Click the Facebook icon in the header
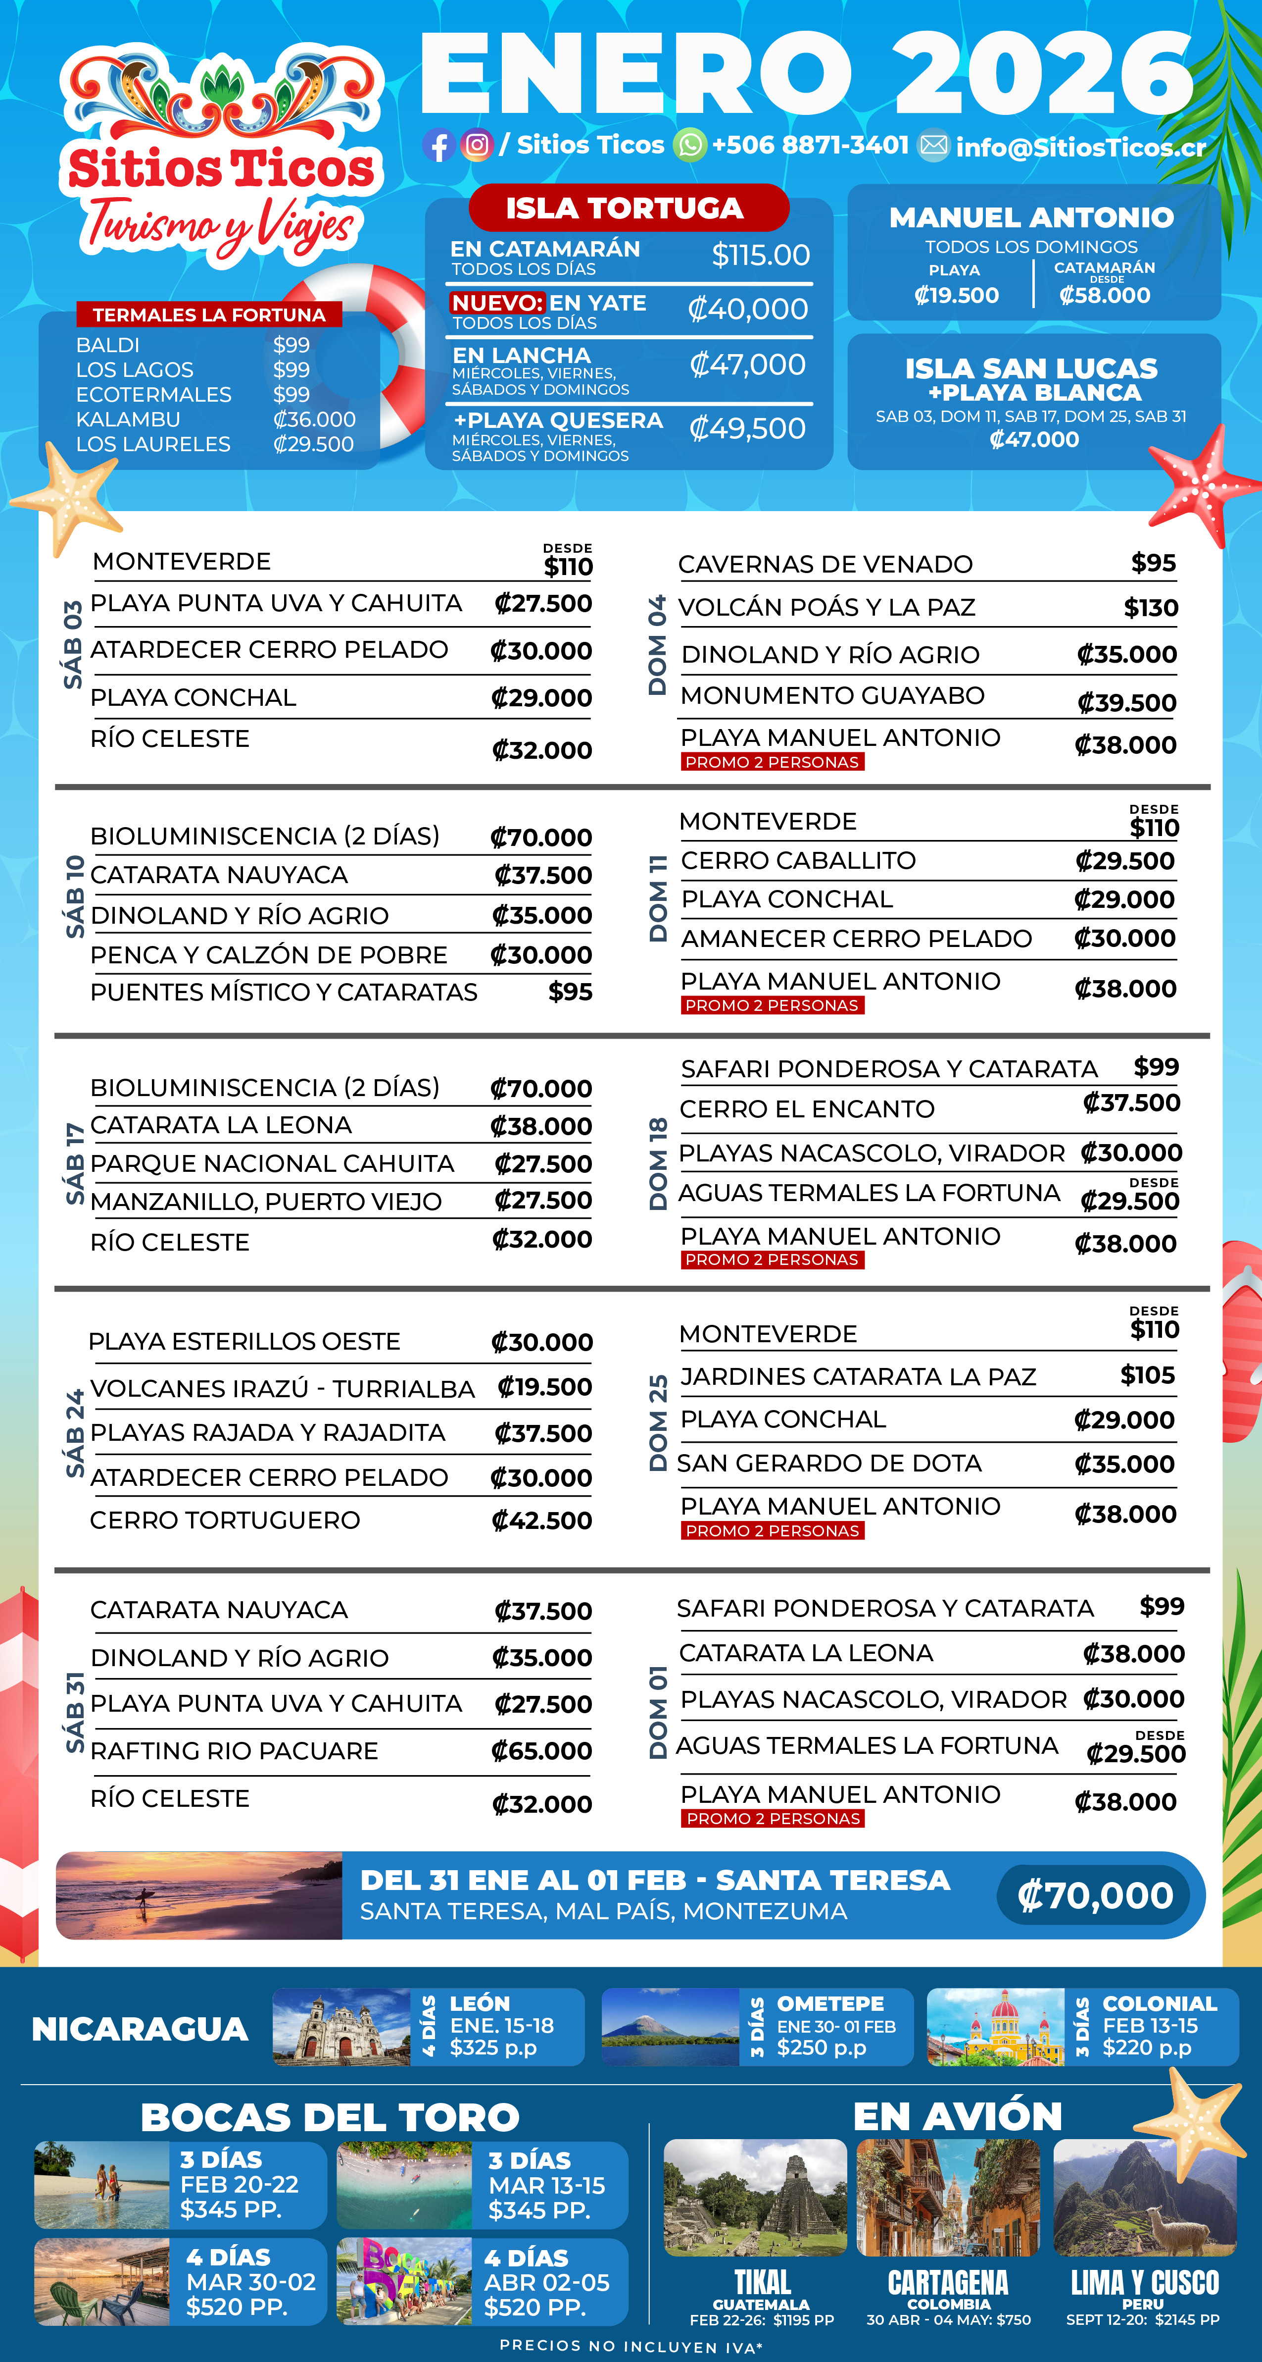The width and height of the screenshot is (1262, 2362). (438, 146)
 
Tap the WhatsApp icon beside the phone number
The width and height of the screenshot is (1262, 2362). (689, 145)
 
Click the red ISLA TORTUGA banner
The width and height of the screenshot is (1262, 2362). (628, 208)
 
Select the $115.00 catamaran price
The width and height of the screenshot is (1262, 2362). (761, 255)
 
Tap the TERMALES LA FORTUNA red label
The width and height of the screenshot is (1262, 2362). (209, 315)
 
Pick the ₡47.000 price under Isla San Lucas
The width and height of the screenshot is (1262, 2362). (1034, 439)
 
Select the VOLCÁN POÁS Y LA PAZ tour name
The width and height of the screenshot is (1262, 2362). (826, 607)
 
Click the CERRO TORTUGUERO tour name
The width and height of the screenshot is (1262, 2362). (225, 1520)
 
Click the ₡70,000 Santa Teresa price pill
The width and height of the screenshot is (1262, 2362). (1094, 1895)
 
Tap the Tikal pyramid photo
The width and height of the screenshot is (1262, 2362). (755, 2198)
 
